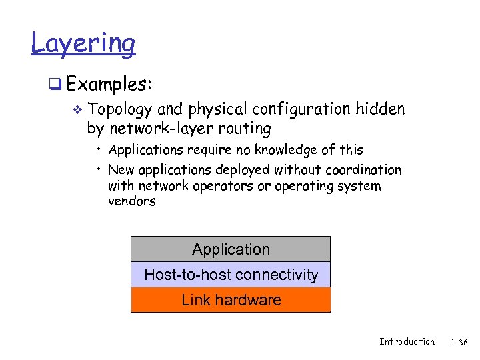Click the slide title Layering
83,44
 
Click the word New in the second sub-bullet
121,169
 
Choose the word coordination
365,169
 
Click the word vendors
131,201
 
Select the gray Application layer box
231,249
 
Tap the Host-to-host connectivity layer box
231,275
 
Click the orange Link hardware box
231,300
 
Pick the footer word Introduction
407,341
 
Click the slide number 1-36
459,342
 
